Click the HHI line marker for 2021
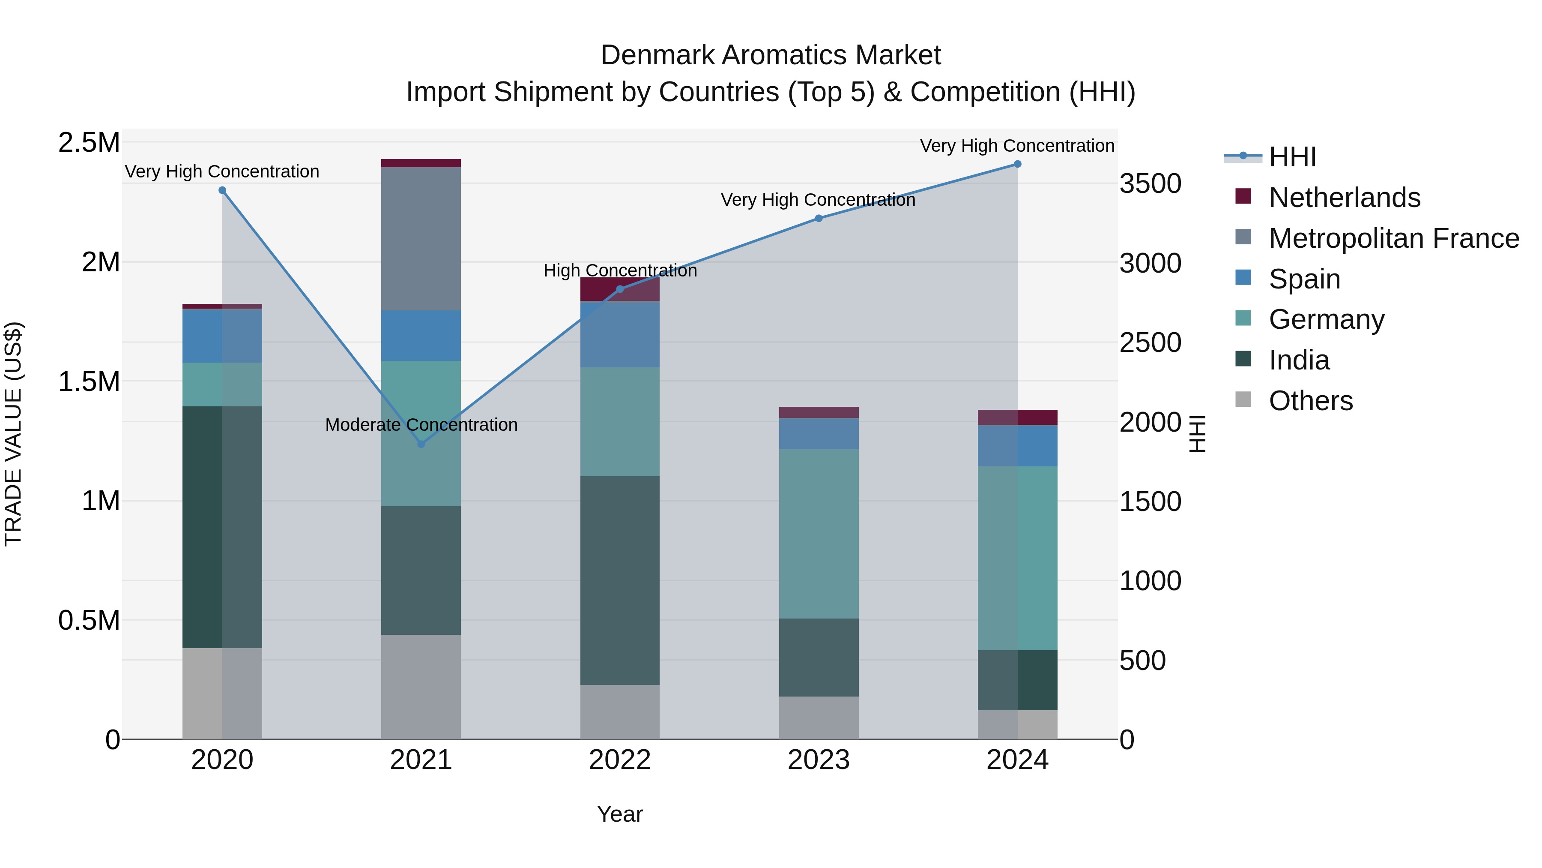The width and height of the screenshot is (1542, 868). [421, 444]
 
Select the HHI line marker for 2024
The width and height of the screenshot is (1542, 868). [1017, 164]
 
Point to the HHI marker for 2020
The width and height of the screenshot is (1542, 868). [222, 190]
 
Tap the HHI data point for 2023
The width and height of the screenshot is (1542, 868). [818, 219]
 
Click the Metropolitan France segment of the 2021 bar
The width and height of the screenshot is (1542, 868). [421, 238]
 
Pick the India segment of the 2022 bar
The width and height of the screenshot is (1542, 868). [619, 580]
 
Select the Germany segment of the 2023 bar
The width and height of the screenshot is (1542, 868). [818, 533]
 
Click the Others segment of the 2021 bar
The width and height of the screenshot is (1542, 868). [421, 687]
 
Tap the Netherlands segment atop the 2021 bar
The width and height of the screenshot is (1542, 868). [421, 163]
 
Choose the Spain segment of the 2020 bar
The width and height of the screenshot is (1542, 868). [222, 336]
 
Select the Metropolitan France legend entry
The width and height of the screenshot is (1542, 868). [1393, 238]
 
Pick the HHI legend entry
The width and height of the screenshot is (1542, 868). [1292, 157]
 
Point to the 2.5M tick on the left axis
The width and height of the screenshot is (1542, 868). [89, 143]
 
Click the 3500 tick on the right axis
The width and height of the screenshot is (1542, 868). [1150, 183]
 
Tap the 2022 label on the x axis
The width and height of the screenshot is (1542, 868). [619, 760]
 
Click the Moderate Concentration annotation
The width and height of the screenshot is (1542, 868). [421, 425]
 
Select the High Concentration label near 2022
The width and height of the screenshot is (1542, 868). [619, 271]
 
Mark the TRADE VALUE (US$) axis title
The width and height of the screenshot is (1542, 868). [13, 434]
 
